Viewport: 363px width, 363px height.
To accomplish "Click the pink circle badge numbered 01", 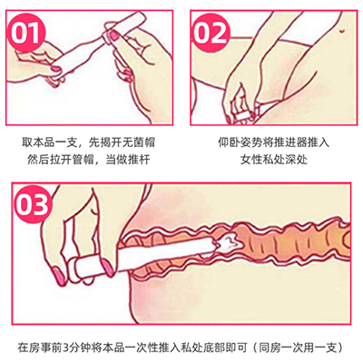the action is pos(26,32).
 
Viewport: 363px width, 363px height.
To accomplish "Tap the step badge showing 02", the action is pos(211,32).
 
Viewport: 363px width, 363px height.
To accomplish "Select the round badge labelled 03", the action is pos(33,204).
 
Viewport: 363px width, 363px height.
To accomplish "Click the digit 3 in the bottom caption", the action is pos(67,348).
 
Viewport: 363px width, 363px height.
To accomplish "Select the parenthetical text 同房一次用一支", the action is pos(298,348).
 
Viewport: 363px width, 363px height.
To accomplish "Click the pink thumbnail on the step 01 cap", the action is pos(113,35).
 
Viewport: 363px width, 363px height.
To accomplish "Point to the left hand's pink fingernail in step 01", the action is pos(56,70).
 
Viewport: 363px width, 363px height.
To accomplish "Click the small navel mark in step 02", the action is pos(342,30).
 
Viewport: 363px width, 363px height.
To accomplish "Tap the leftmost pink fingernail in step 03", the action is pos(59,276).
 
